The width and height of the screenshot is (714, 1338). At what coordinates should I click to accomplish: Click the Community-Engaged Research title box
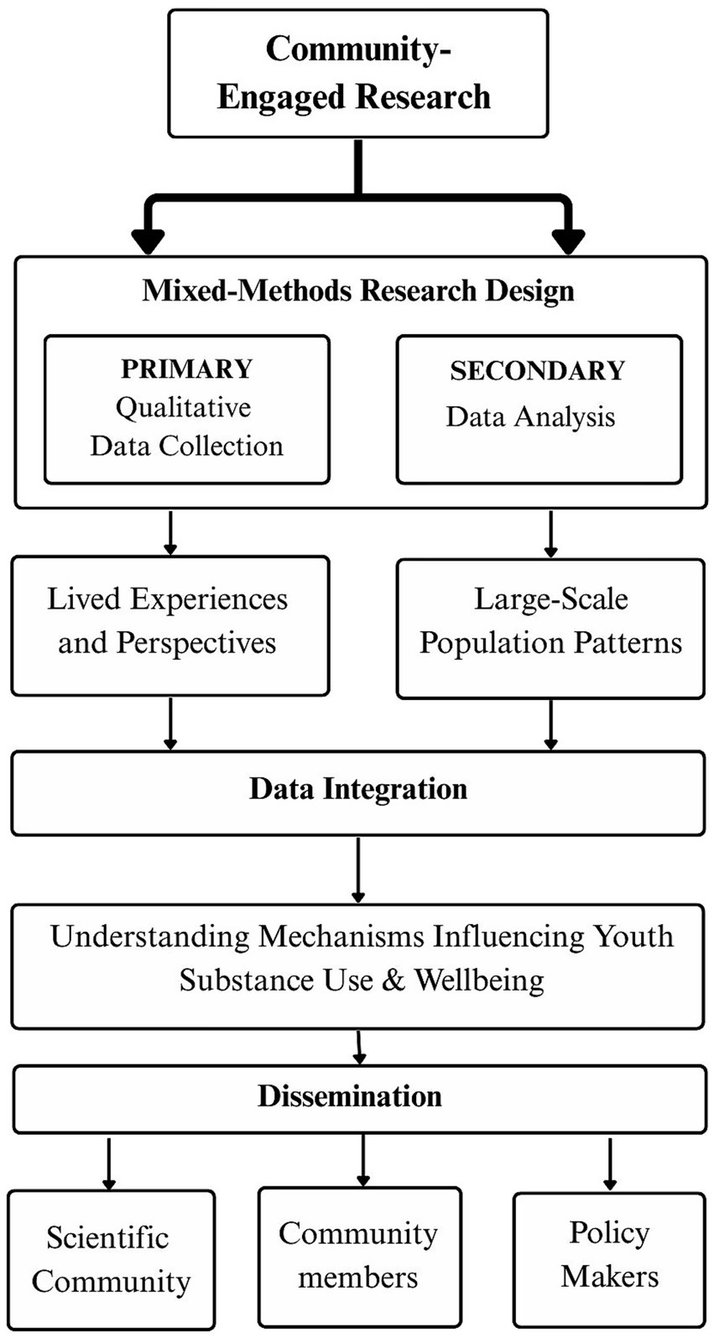pos(357,73)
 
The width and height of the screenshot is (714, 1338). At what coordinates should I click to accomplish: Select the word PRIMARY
pos(186,368)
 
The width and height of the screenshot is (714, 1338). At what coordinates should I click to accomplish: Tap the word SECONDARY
pos(538,370)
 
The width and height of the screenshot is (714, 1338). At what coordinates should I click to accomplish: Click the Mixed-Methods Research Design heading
pos(358,290)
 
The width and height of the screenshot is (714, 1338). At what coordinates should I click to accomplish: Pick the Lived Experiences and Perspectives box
pos(169,625)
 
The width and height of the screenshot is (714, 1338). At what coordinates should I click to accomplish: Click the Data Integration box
pos(357,792)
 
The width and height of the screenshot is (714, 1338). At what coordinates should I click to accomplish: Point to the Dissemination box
pos(358,1098)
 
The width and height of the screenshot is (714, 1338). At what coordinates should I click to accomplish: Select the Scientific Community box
pos(112,1259)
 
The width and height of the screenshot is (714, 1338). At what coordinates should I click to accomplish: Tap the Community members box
pos(359,1256)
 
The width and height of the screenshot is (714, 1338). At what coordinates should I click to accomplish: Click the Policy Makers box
pos(609,1256)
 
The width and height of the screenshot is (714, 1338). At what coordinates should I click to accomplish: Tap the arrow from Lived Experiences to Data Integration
pos(170,723)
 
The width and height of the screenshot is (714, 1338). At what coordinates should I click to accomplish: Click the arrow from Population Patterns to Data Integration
pos(550,724)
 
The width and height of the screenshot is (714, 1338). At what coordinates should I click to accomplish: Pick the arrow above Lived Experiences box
pos(170,532)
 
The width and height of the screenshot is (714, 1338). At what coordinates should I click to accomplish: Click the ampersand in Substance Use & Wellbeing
pos(393,980)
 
